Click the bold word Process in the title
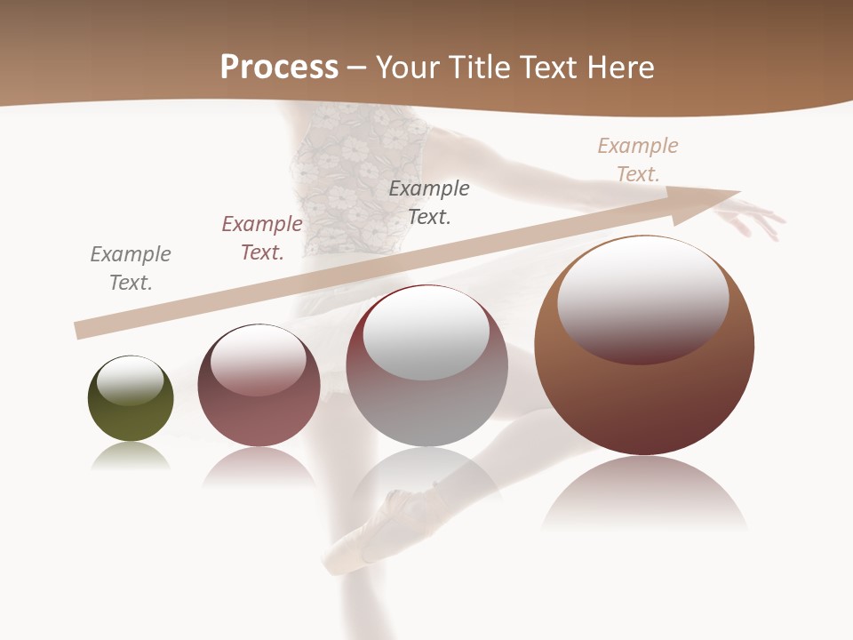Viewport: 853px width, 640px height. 279,67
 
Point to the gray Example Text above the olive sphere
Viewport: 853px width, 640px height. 131,268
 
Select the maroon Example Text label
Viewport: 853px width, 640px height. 262,238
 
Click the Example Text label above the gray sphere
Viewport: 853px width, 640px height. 429,202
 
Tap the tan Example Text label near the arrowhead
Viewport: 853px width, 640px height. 638,160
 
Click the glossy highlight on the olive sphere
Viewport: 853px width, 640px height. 130,380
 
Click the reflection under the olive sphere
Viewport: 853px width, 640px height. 131,457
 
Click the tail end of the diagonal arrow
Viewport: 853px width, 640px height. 80,330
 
